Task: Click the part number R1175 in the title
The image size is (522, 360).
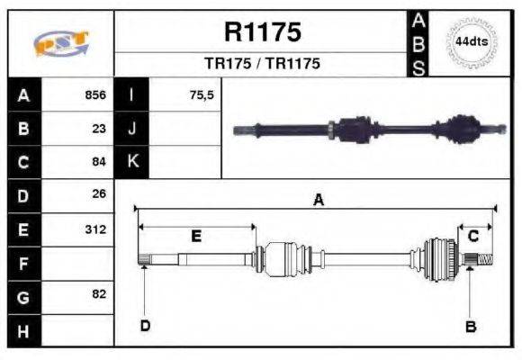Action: point(262,33)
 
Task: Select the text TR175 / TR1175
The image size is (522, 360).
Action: point(262,65)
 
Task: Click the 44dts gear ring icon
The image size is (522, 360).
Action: point(472,42)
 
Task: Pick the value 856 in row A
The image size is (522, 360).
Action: point(95,95)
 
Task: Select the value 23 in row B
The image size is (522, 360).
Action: point(99,128)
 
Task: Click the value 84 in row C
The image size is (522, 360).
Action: point(99,161)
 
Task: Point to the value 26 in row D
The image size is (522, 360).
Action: point(99,193)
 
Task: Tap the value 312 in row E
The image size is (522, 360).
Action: point(95,229)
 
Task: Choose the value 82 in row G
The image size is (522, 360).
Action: point(99,294)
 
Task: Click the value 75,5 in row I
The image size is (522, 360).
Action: point(202,95)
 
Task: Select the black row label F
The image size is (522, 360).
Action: point(22,263)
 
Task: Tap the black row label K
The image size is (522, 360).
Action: point(132,161)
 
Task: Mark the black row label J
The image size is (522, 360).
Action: point(132,128)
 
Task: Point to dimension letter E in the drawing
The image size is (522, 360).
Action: point(196,236)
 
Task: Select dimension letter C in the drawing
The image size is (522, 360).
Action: point(472,236)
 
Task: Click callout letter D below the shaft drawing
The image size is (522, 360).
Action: point(144,326)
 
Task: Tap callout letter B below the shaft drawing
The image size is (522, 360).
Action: point(470,326)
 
